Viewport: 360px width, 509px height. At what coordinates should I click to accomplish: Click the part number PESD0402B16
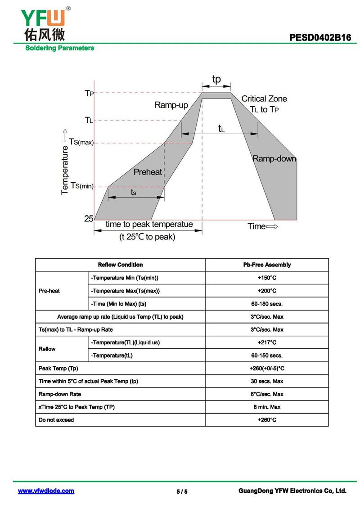pyautogui.click(x=320, y=38)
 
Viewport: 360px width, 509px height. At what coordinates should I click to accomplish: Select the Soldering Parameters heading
pyautogui.click(x=59, y=48)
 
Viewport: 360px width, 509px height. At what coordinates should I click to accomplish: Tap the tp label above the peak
pyautogui.click(x=216, y=79)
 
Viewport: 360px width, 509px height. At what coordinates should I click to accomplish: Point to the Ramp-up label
pyautogui.click(x=171, y=105)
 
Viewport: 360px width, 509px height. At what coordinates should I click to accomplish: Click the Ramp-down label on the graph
pyautogui.click(x=274, y=158)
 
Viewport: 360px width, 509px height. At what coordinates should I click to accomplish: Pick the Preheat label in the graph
pyautogui.click(x=148, y=172)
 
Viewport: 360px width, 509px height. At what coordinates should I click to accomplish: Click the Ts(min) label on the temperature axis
pyautogui.click(x=81, y=186)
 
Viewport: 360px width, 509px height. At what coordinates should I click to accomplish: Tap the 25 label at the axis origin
pyautogui.click(x=88, y=218)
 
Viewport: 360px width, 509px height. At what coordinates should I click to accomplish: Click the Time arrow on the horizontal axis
pyautogui.click(x=263, y=226)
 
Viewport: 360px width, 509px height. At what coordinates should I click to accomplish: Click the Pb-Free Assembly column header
pyautogui.click(x=267, y=265)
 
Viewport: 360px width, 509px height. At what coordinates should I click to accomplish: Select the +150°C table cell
pyautogui.click(x=267, y=278)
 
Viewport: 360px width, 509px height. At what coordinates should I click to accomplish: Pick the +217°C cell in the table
pyautogui.click(x=267, y=342)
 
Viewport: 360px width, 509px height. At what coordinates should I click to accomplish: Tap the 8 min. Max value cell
pyautogui.click(x=267, y=407)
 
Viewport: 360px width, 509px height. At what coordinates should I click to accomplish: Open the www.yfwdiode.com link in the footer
pyautogui.click(x=46, y=491)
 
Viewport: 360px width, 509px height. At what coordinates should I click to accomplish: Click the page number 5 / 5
pyautogui.click(x=182, y=491)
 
